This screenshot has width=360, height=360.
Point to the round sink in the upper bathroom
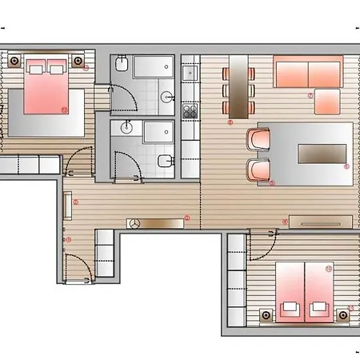[x=166, y=97]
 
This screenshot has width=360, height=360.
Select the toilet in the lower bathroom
[x=164, y=162]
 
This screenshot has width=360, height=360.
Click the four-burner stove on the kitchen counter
[x=190, y=110]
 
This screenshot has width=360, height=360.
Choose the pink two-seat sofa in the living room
[x=307, y=72]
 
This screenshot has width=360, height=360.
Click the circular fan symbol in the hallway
[x=133, y=224]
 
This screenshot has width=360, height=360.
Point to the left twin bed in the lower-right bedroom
[x=290, y=288]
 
